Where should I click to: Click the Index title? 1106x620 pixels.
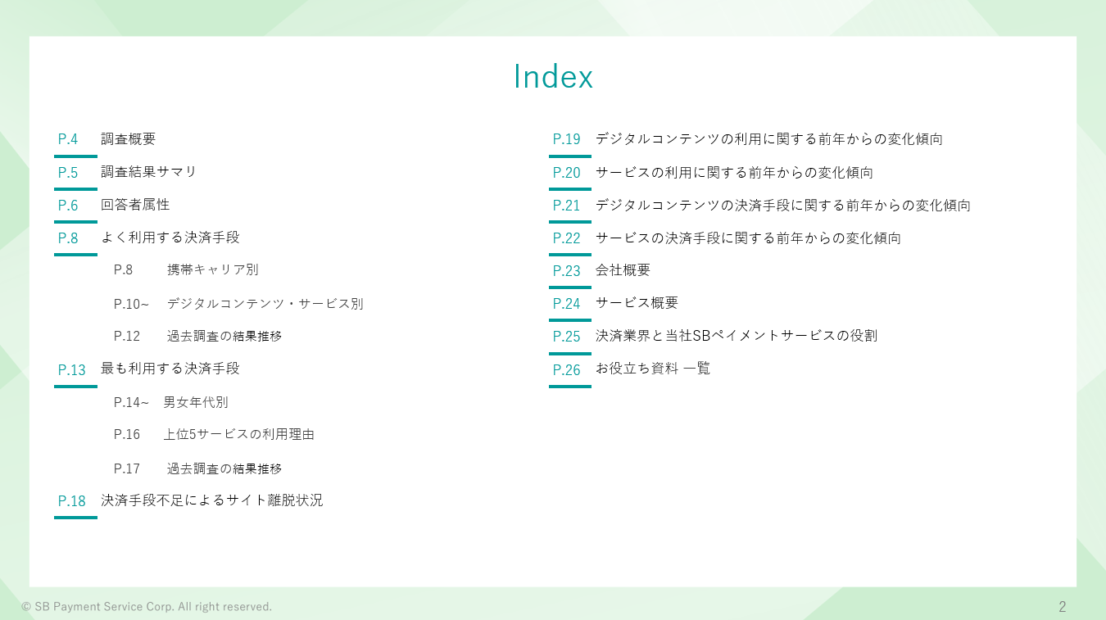[x=553, y=77]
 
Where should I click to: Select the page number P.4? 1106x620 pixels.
[x=68, y=139]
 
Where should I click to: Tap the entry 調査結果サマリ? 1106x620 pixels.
[x=148, y=172]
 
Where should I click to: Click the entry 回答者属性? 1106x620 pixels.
[x=135, y=205]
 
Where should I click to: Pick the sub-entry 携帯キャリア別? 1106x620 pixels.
[x=213, y=269]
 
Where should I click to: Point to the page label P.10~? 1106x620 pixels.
[x=131, y=304]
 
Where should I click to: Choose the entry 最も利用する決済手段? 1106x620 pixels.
[x=170, y=369]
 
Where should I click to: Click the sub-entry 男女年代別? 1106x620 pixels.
[x=196, y=402]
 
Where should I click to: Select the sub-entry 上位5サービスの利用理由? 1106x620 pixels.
[x=239, y=434]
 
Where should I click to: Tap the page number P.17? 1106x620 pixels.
[x=127, y=468]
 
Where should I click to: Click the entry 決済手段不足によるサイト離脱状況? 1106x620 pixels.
[x=212, y=500]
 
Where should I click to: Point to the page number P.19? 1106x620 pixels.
[x=566, y=139]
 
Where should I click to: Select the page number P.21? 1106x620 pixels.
[x=566, y=206]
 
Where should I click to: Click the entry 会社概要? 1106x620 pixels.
[x=623, y=270]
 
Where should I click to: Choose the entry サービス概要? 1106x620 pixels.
[x=637, y=302]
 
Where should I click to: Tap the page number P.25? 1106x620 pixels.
[x=566, y=337]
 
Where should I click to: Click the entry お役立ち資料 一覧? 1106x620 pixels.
[x=653, y=369]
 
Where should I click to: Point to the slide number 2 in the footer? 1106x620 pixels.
[x=1062, y=606]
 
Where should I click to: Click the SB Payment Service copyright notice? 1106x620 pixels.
[x=147, y=606]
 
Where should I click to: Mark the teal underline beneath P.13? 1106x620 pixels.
[x=75, y=387]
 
